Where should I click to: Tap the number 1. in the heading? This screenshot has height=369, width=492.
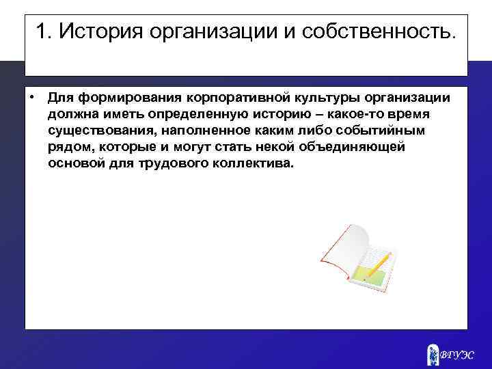tap(43, 32)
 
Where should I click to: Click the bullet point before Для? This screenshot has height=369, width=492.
tap(32, 95)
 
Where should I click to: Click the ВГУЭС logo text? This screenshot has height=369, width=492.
tap(456, 354)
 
